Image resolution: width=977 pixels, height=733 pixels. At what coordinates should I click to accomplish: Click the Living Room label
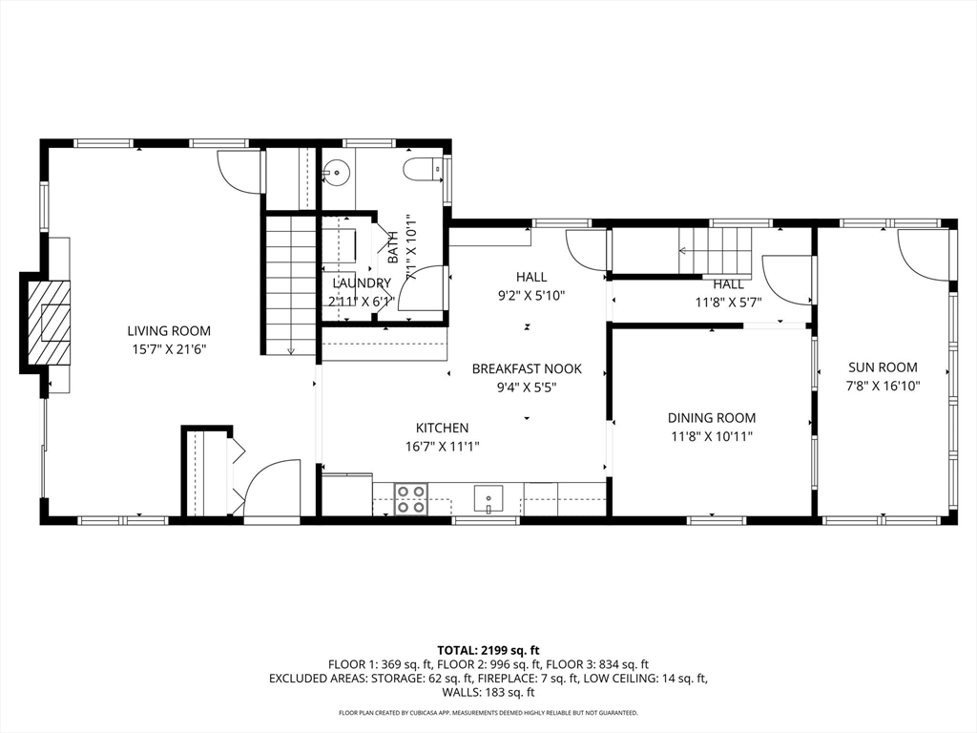(169, 331)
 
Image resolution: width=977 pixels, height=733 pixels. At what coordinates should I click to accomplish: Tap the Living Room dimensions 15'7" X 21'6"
(169, 349)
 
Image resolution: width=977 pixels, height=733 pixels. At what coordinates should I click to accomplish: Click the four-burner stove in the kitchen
(411, 499)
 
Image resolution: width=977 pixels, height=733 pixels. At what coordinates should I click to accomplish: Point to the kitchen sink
(488, 499)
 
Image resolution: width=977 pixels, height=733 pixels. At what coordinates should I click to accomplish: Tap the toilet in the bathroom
(422, 169)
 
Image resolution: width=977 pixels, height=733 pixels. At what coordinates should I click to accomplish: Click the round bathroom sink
(337, 169)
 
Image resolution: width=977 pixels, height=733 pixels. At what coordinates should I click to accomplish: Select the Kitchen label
(443, 429)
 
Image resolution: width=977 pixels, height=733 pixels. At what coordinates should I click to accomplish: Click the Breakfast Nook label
(527, 369)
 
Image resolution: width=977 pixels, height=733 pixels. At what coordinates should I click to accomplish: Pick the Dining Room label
(712, 418)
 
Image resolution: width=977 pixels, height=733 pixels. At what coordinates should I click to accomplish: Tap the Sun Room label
(883, 367)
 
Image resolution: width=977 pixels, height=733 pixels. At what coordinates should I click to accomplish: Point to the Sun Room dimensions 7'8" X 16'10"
(883, 386)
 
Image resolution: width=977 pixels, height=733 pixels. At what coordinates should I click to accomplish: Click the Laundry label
(362, 283)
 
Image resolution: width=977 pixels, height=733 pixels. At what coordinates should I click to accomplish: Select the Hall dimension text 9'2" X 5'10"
(531, 296)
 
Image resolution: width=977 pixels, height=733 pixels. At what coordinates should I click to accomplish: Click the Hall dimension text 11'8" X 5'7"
(728, 303)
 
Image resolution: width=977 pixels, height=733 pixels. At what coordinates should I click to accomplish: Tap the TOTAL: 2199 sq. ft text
(488, 651)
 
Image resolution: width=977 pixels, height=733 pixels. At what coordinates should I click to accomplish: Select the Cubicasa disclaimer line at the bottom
(488, 712)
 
